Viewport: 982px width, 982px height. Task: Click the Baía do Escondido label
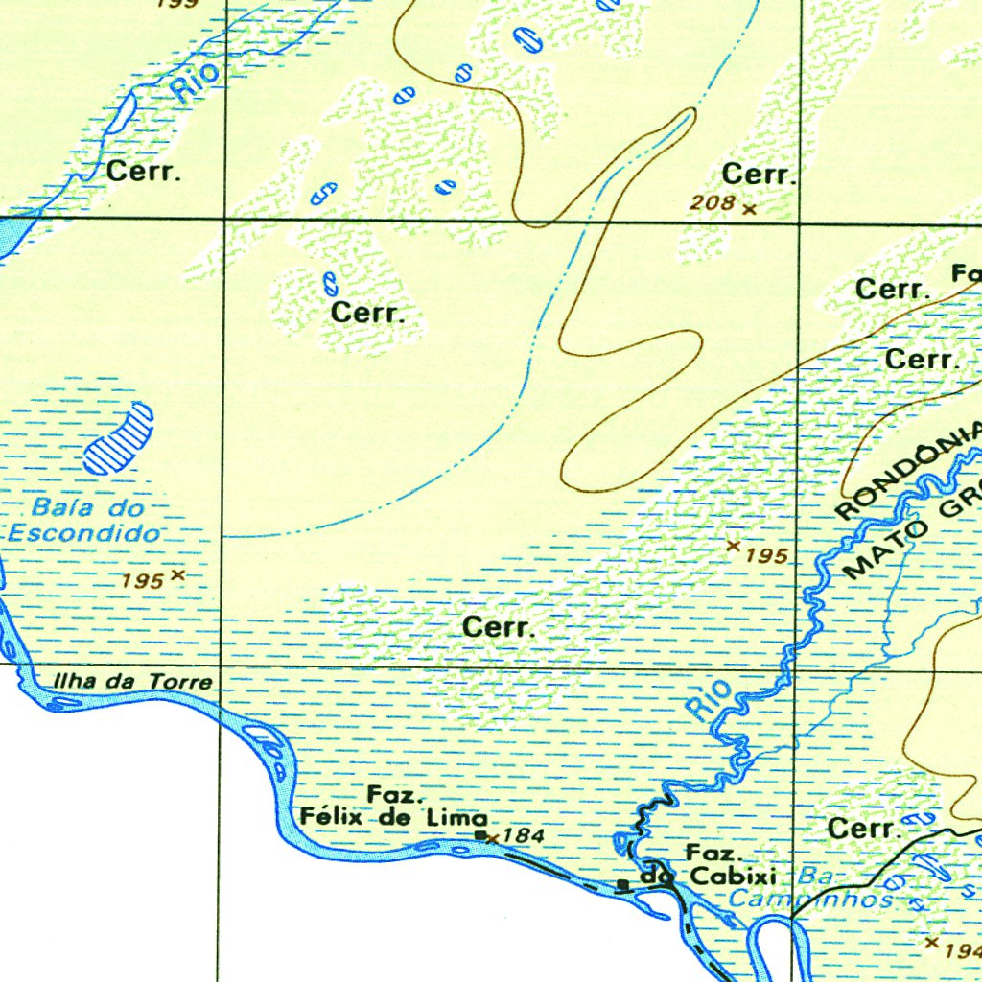point(86,520)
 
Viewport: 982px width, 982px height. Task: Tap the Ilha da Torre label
point(132,682)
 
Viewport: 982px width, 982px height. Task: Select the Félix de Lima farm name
point(393,818)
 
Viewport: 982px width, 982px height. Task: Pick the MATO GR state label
point(911,537)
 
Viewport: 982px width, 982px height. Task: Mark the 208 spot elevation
point(713,202)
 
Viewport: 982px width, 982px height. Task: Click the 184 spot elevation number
point(524,836)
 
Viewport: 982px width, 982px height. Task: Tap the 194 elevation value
point(962,950)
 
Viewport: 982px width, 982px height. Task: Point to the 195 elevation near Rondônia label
point(766,555)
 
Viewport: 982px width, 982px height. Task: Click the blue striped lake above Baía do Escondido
point(119,437)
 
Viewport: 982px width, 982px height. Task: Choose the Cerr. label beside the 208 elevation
point(759,175)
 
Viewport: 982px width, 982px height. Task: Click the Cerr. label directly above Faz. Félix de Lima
point(498,628)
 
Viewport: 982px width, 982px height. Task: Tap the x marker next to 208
point(749,208)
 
